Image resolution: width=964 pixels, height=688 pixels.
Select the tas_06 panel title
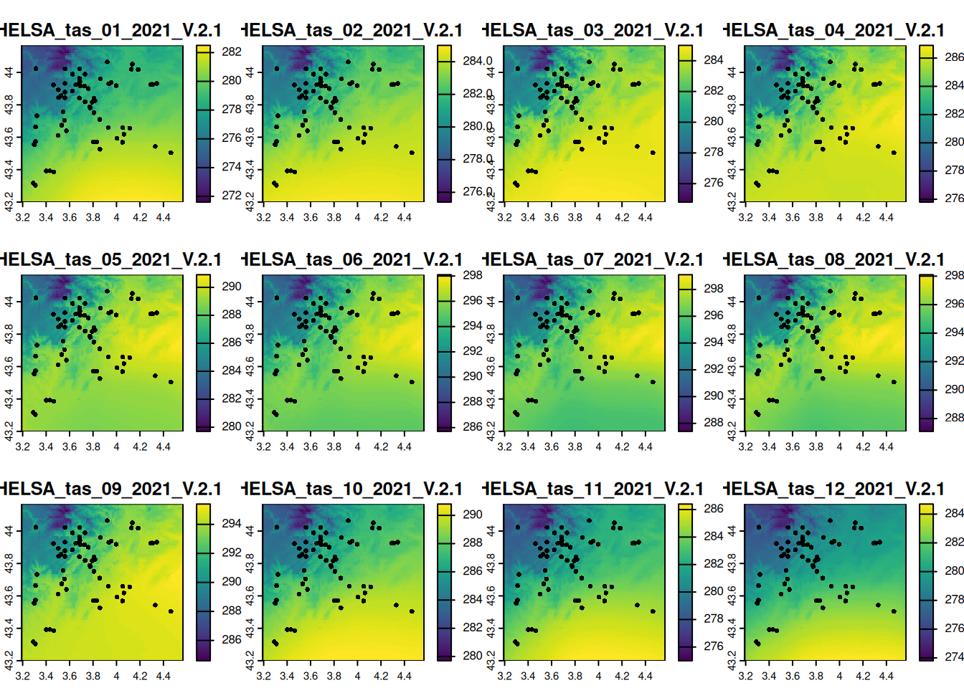[351, 259]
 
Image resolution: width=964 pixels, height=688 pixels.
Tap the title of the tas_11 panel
[592, 489]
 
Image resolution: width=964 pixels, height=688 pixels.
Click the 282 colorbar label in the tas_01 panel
[232, 52]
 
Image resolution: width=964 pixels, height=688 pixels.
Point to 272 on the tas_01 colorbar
[232, 195]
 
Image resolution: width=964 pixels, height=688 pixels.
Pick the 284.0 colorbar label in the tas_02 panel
[477, 61]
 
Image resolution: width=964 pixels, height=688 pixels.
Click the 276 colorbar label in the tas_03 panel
[714, 183]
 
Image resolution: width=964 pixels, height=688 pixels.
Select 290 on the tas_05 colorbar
[232, 286]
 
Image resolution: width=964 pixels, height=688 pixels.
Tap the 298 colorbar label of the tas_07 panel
[714, 288]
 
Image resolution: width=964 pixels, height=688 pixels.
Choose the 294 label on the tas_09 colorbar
[232, 523]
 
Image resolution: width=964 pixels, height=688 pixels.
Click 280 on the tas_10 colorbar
[473, 655]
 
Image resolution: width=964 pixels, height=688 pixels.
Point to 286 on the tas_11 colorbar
[714, 508]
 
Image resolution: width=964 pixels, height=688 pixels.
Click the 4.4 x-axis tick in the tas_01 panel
[164, 217]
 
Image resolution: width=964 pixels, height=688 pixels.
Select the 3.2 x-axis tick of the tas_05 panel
[22, 446]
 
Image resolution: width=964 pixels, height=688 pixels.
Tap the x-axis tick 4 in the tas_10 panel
[357, 676]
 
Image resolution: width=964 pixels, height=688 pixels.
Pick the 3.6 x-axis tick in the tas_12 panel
[793, 676]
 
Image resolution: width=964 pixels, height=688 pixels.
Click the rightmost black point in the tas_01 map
[171, 153]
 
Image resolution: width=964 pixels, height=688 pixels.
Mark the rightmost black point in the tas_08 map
[894, 382]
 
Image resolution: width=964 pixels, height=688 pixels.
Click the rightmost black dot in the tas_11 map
[653, 611]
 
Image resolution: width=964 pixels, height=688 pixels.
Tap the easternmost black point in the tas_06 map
[412, 382]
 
